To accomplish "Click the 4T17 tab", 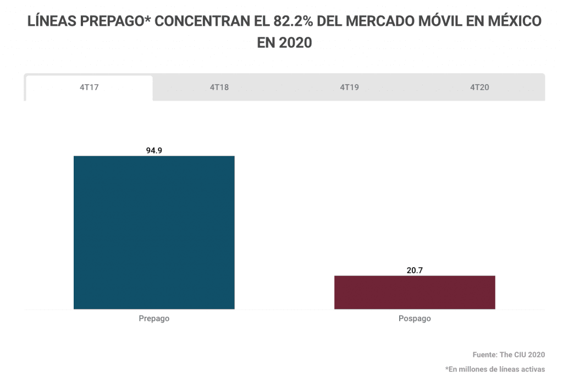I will (89, 88).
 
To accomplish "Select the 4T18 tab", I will (219, 88).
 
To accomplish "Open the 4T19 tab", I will (349, 88).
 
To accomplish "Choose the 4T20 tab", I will (479, 88).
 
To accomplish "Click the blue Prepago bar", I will (154, 233).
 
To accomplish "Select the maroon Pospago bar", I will (415, 292).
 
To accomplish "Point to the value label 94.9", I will (154, 150).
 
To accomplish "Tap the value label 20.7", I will (415, 270).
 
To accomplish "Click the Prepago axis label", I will (154, 319).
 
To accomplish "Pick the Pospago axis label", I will (415, 319).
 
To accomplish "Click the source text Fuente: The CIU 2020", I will (509, 355).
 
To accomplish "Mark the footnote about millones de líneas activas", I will (495, 369).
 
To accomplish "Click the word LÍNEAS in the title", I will (51, 21).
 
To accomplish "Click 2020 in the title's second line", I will (295, 42).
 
